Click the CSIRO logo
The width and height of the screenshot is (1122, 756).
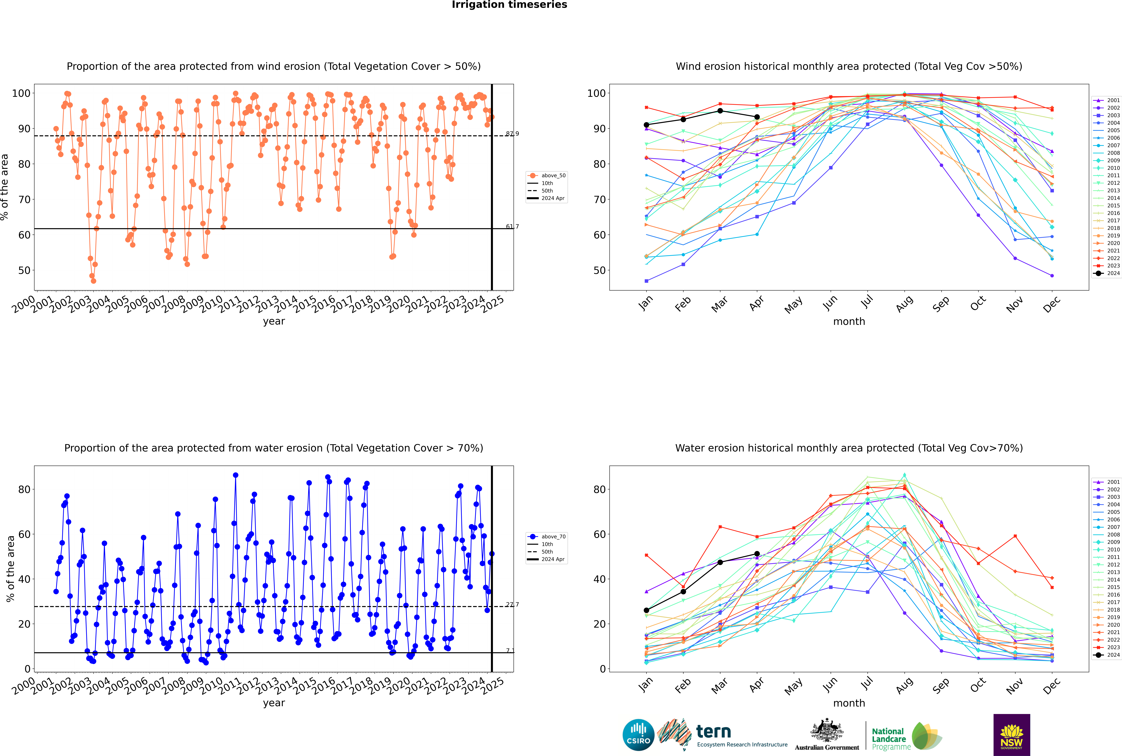pyautogui.click(x=638, y=735)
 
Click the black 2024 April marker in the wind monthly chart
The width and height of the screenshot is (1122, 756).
pyautogui.click(x=757, y=117)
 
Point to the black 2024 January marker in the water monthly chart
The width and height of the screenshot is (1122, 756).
pyautogui.click(x=646, y=610)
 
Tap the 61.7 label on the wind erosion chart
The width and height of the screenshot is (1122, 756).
pyautogui.click(x=512, y=227)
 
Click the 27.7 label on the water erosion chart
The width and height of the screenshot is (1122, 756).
pyautogui.click(x=512, y=605)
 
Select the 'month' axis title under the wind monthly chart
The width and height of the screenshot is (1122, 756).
pyautogui.click(x=849, y=322)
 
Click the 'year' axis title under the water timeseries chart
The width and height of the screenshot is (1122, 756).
pyautogui.click(x=274, y=703)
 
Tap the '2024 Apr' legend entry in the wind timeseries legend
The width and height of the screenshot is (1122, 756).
pyautogui.click(x=552, y=198)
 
